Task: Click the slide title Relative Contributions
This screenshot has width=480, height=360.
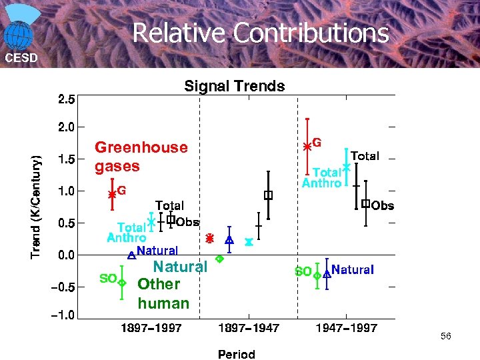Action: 260,33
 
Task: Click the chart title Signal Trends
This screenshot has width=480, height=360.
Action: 234,86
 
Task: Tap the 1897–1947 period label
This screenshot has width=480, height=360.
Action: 249,328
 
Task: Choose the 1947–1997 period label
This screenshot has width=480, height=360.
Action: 347,328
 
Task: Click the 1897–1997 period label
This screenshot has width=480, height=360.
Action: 151,328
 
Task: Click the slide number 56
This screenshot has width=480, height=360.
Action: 445,337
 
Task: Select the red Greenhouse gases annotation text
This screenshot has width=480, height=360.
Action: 141,156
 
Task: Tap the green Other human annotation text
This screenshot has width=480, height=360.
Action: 163,293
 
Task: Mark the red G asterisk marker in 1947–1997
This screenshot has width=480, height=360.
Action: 307,145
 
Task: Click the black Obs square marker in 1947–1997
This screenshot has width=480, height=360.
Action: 365,203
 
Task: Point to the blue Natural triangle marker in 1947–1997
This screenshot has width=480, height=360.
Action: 327,273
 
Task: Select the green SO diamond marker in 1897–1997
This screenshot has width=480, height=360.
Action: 122,283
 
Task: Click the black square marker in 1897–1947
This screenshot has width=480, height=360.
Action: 268,195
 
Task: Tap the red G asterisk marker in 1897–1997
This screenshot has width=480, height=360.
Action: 112,194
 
